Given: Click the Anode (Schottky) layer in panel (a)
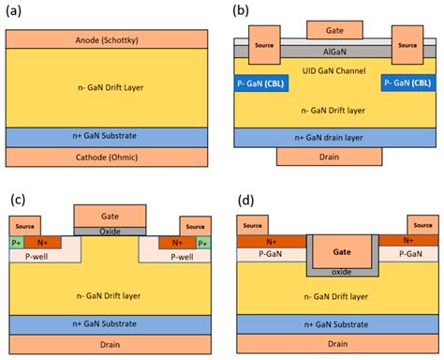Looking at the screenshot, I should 110,40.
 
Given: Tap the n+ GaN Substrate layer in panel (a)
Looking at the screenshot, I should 110,137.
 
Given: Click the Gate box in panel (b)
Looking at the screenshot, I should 328,30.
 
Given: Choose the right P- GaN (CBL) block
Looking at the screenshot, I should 406,82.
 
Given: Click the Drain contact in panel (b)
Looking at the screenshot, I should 328,155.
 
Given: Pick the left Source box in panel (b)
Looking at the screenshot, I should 265,45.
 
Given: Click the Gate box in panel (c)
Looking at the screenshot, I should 110,216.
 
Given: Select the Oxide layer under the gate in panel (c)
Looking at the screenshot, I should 110,232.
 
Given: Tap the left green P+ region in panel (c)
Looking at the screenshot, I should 16,242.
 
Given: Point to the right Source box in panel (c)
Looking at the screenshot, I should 193,226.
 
